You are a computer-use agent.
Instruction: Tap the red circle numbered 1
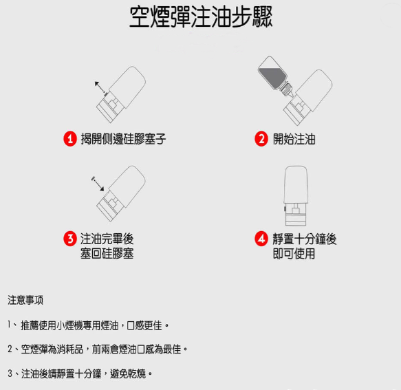pyautogui.click(x=69, y=139)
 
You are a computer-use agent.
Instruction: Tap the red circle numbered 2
pyautogui.click(x=261, y=139)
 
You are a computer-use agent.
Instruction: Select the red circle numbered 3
pyautogui.click(x=69, y=239)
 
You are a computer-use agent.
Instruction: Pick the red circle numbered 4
pyautogui.click(x=261, y=239)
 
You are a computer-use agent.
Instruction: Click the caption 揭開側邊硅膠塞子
pyautogui.click(x=123, y=139)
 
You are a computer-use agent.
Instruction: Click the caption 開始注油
pyautogui.click(x=294, y=139)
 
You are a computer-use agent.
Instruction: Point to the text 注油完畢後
pyautogui.click(x=107, y=239)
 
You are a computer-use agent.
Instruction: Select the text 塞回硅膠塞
pyautogui.click(x=107, y=254)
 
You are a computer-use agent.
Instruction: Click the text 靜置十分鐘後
pyautogui.click(x=304, y=239)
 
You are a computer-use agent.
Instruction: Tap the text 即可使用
pyautogui.click(x=294, y=254)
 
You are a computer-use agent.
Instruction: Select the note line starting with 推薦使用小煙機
pyautogui.click(x=89, y=325)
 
